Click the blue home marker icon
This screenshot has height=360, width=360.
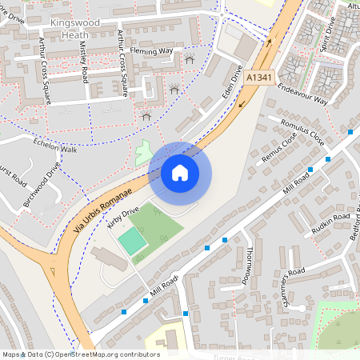(179, 172)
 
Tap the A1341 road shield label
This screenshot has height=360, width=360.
(258, 77)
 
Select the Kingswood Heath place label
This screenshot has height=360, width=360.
(77, 29)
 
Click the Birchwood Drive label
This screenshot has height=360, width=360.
(41, 186)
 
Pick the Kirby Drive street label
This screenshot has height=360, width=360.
(122, 219)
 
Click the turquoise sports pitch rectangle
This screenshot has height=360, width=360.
(132, 240)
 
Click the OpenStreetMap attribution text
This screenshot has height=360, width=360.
(80, 354)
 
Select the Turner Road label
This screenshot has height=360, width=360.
(232, 357)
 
